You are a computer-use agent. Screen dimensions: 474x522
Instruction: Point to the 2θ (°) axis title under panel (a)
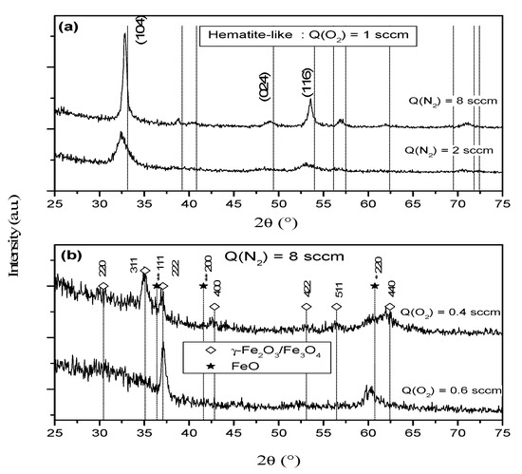282,226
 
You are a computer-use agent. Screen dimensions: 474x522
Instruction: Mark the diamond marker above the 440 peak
389,307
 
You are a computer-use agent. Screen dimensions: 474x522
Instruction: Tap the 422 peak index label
306,290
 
